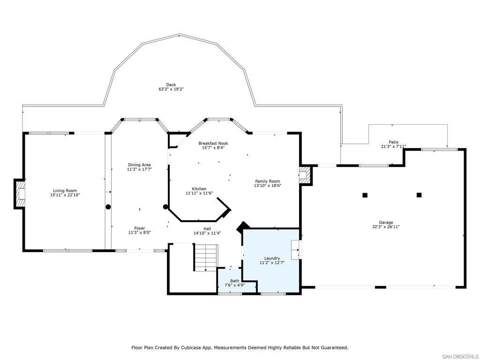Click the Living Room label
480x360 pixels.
click(x=65, y=190)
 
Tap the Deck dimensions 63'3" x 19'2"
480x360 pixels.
click(x=171, y=90)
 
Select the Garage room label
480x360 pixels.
click(x=386, y=223)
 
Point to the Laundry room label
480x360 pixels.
click(x=272, y=258)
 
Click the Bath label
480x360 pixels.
click(x=235, y=281)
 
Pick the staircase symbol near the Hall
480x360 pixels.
click(x=205, y=257)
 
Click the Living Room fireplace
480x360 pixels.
click(x=19, y=194)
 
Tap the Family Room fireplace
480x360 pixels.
click(x=305, y=175)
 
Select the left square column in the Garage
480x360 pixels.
click(x=365, y=195)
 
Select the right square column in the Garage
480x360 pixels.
click(x=419, y=195)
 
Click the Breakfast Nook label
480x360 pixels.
click(x=213, y=143)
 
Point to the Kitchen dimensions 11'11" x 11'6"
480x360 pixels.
click(x=199, y=193)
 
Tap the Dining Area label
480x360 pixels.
click(x=139, y=165)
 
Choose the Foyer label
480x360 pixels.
click(x=140, y=228)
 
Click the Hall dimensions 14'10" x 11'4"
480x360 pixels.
click(x=207, y=233)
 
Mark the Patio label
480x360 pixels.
click(x=394, y=142)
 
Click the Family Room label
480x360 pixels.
click(x=268, y=181)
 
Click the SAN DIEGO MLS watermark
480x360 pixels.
click(x=460, y=356)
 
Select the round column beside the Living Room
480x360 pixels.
click(x=108, y=207)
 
